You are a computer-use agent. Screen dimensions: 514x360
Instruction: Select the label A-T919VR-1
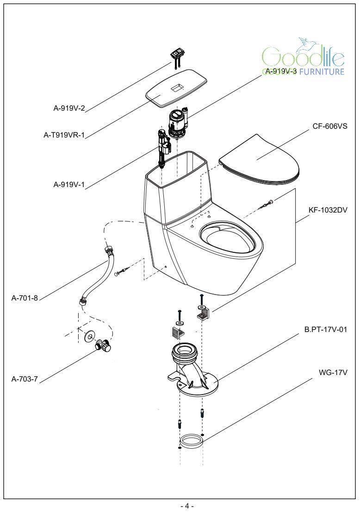click(x=64, y=136)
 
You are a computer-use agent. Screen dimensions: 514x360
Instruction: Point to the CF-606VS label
click(x=330, y=125)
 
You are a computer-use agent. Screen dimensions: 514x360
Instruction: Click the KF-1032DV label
click(x=328, y=210)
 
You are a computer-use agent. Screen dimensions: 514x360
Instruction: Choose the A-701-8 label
click(x=25, y=298)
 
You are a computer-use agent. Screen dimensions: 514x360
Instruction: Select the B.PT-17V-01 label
click(x=326, y=330)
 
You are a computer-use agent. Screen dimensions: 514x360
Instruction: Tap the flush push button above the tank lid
click(x=176, y=55)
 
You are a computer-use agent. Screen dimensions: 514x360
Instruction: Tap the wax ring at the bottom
click(x=191, y=440)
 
